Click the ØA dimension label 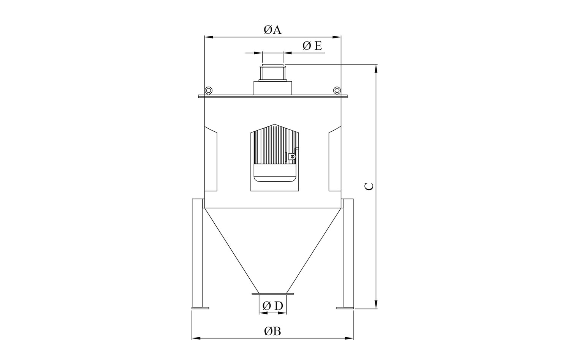pyautogui.click(x=272, y=30)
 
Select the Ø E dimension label pyautogui.click(x=312, y=46)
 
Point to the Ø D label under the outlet pyautogui.click(x=273, y=306)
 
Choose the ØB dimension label pyautogui.click(x=272, y=331)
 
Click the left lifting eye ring pyautogui.click(x=209, y=90)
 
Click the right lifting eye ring pyautogui.click(x=337, y=90)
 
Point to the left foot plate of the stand pyautogui.click(x=200, y=308)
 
